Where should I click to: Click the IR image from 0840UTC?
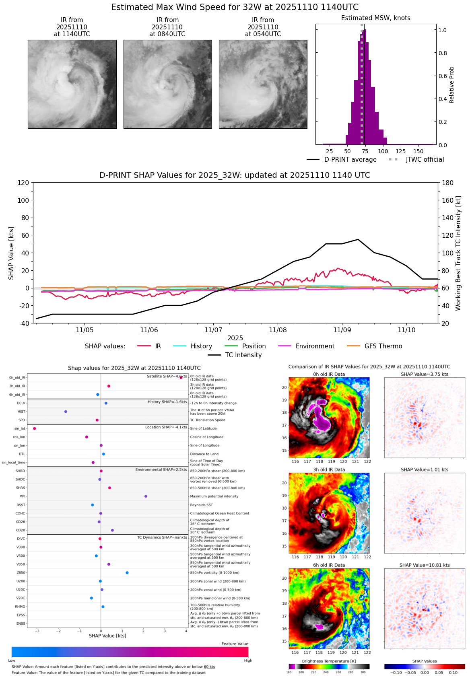[x=167, y=84]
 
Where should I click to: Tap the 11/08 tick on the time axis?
[x=278, y=330]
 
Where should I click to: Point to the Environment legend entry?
[x=315, y=346]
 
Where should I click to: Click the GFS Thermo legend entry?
[x=383, y=346]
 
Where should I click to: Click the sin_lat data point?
[x=35, y=428]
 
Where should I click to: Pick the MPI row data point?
[x=146, y=496]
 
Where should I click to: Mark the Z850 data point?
[x=127, y=573]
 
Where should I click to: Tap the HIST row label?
[x=21, y=412]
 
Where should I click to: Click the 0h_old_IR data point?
[x=181, y=377]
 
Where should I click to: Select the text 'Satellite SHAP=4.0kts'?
[x=167, y=377]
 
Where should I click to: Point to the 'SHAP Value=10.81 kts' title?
[x=425, y=565]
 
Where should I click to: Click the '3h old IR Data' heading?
[x=329, y=469]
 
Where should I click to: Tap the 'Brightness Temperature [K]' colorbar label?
[x=329, y=661]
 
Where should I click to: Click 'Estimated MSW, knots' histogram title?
[x=375, y=18]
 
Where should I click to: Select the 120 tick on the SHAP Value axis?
[x=23, y=183]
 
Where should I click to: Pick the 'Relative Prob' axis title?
[x=451, y=85]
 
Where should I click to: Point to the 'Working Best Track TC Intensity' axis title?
[x=458, y=253]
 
